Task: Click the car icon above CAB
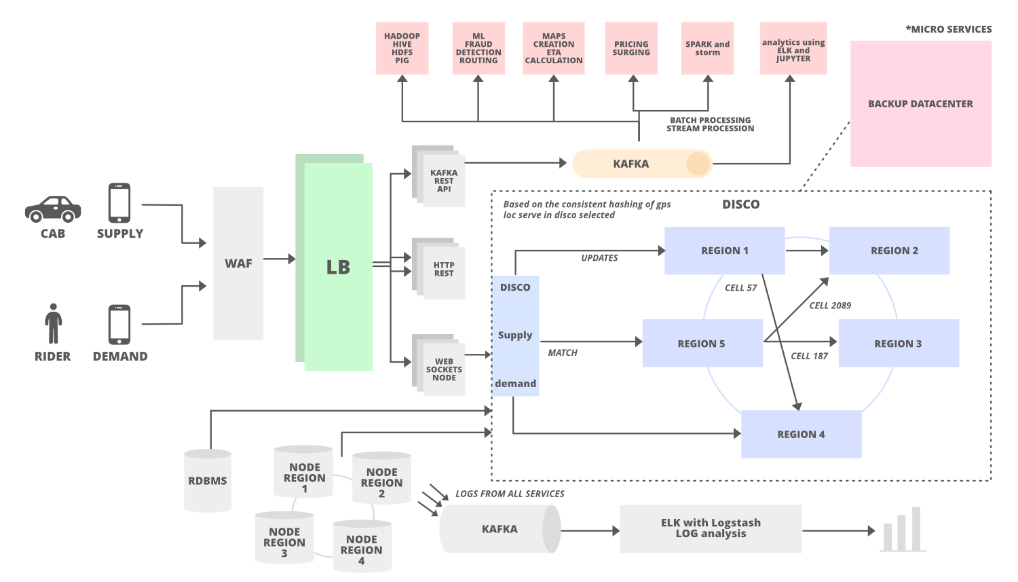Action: (53, 209)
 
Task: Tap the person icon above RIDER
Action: (53, 323)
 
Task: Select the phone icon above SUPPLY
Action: (119, 202)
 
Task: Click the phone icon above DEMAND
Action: (119, 324)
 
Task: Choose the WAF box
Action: (238, 263)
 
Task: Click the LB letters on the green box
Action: (338, 268)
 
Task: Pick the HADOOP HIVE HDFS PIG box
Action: (402, 48)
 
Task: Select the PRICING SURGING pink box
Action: (631, 48)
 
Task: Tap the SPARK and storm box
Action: (707, 48)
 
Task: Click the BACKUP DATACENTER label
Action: (920, 104)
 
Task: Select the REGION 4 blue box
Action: (801, 435)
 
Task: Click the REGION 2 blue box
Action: (889, 251)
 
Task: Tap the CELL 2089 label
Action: (829, 306)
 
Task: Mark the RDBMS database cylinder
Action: (208, 481)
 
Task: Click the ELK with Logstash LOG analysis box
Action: (711, 528)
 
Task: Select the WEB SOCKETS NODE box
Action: (445, 369)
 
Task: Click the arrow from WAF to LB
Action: (279, 259)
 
